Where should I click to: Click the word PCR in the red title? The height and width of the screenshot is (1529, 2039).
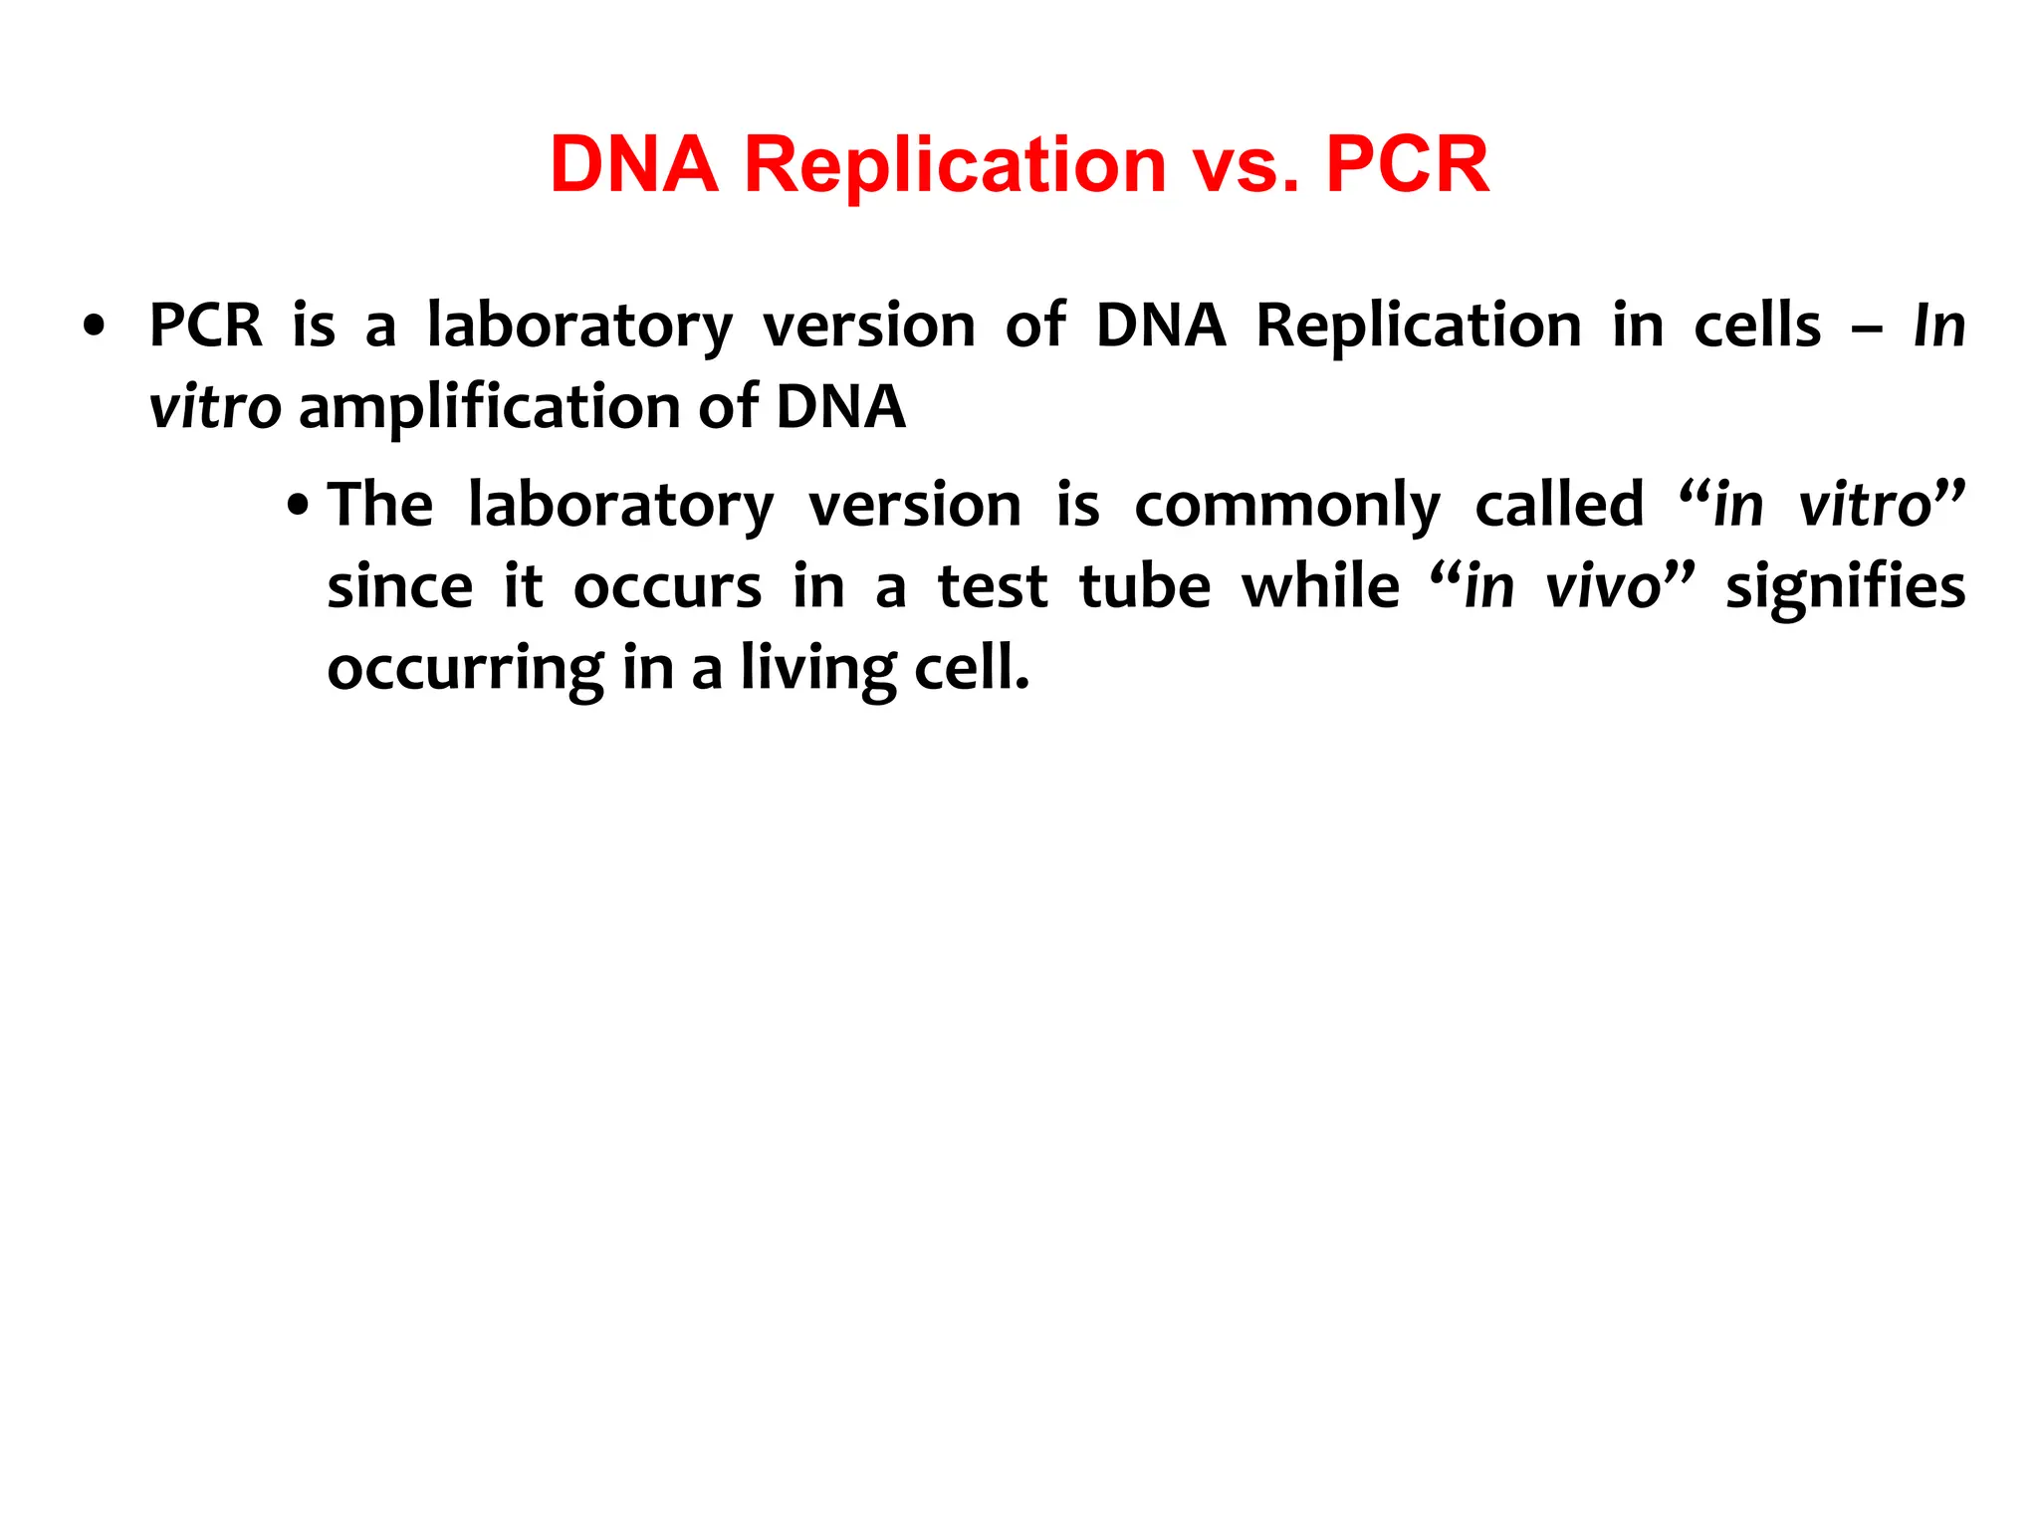pyautogui.click(x=1407, y=164)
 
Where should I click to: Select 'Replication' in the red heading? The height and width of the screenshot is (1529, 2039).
pyautogui.click(x=955, y=166)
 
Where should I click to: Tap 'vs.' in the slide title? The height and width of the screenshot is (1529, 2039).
pyautogui.click(x=1246, y=166)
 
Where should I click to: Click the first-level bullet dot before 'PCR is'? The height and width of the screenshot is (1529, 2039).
pyautogui.click(x=94, y=327)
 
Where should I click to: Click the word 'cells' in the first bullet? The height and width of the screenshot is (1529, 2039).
pyautogui.click(x=1757, y=326)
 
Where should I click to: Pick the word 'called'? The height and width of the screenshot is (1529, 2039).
pyautogui.click(x=1558, y=505)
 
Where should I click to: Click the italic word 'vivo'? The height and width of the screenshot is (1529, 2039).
pyautogui.click(x=1603, y=587)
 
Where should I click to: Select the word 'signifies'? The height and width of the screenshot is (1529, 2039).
pyautogui.click(x=1845, y=587)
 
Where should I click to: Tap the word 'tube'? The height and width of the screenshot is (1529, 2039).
pyautogui.click(x=1144, y=586)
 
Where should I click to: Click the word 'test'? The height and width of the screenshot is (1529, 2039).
pyautogui.click(x=992, y=586)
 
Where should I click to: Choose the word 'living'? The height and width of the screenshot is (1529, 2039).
pyautogui.click(x=817, y=669)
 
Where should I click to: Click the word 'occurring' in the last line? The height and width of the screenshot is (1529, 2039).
pyautogui.click(x=464, y=669)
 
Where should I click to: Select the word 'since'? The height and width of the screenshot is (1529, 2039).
pyautogui.click(x=399, y=586)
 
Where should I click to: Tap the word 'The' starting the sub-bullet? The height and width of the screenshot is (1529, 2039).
pyautogui.click(x=380, y=505)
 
